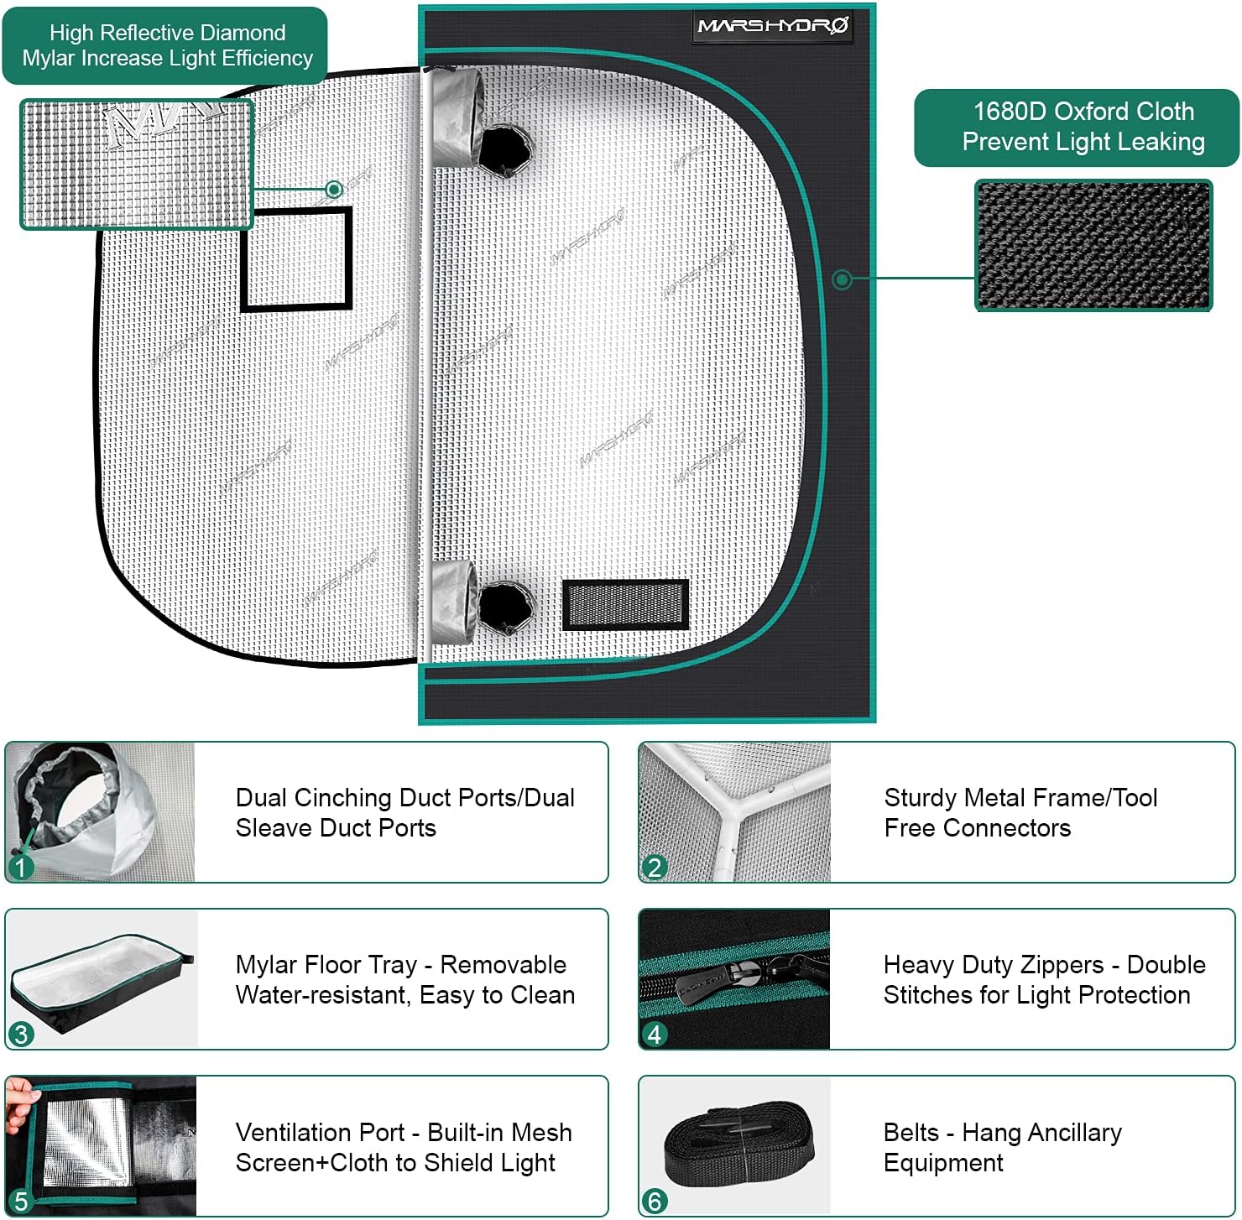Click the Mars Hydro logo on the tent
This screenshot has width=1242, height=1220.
point(773,26)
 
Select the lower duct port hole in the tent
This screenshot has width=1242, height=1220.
point(506,607)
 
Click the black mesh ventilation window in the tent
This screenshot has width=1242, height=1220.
point(625,604)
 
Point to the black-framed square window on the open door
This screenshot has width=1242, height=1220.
point(296,259)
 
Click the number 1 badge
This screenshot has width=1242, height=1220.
point(20,867)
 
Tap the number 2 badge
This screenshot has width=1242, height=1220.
point(654,867)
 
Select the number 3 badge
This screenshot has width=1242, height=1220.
point(20,1034)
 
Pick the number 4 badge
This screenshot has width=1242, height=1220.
point(654,1034)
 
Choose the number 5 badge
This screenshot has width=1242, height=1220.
point(20,1202)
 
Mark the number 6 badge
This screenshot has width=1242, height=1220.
point(654,1202)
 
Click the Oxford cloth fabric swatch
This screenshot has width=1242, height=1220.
point(1093,245)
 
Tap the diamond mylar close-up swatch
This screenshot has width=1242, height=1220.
point(136,164)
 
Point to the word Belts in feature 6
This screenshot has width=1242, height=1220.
point(911,1133)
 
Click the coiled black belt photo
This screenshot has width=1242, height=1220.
point(738,1145)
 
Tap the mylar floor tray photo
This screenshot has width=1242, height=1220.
point(101,979)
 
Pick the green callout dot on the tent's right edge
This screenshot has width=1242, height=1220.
point(842,279)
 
